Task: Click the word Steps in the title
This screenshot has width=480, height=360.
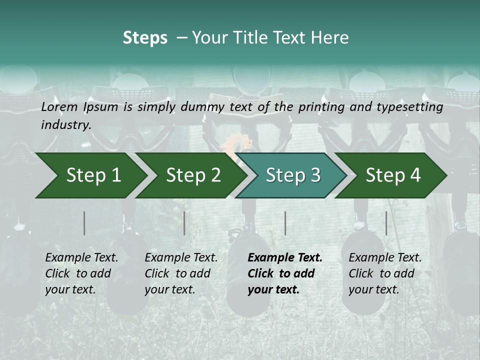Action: [x=145, y=38]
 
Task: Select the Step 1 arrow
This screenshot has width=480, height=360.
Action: [x=90, y=175]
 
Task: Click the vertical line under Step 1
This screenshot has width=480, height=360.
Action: [x=84, y=223]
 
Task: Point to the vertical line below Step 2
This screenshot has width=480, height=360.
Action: [x=184, y=223]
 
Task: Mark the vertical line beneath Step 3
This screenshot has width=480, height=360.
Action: [x=285, y=223]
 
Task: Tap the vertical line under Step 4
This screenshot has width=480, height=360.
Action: [x=386, y=223]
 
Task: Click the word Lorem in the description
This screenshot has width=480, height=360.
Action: [x=59, y=107]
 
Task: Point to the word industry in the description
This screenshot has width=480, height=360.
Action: [x=65, y=125]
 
